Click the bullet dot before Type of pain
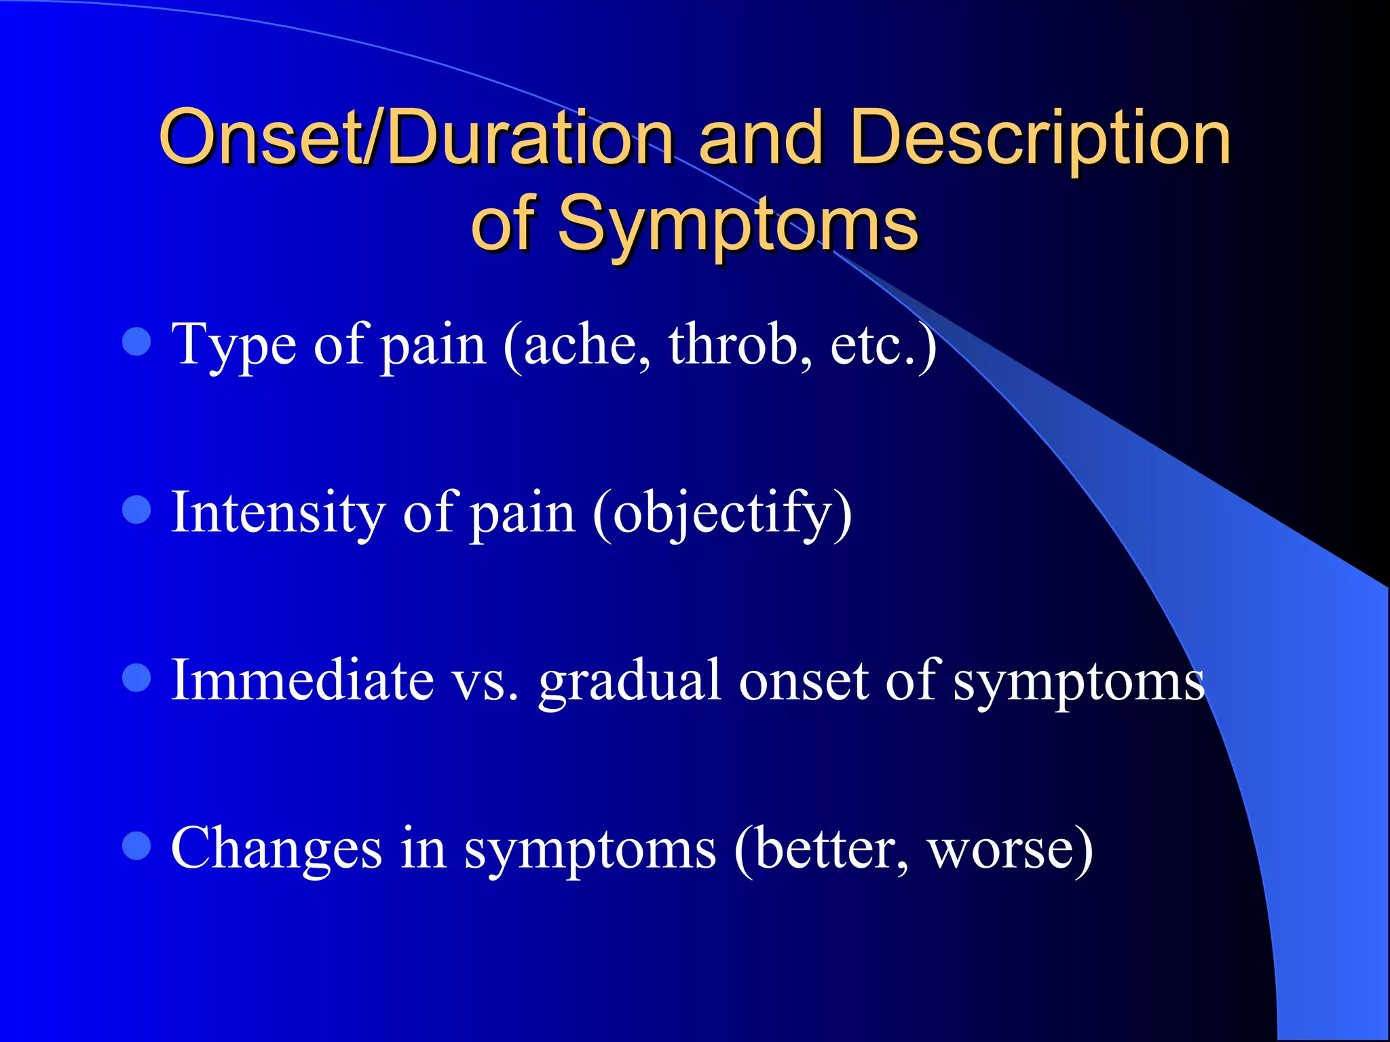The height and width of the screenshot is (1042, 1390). point(136,342)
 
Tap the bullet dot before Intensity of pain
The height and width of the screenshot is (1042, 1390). point(136,509)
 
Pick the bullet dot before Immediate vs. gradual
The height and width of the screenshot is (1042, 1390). point(136,678)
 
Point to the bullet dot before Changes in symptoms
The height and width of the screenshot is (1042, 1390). point(136,846)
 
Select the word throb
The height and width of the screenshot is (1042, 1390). point(740,345)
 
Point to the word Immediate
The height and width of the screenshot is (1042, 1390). point(302,680)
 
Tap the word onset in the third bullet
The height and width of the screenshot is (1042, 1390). point(804,681)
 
